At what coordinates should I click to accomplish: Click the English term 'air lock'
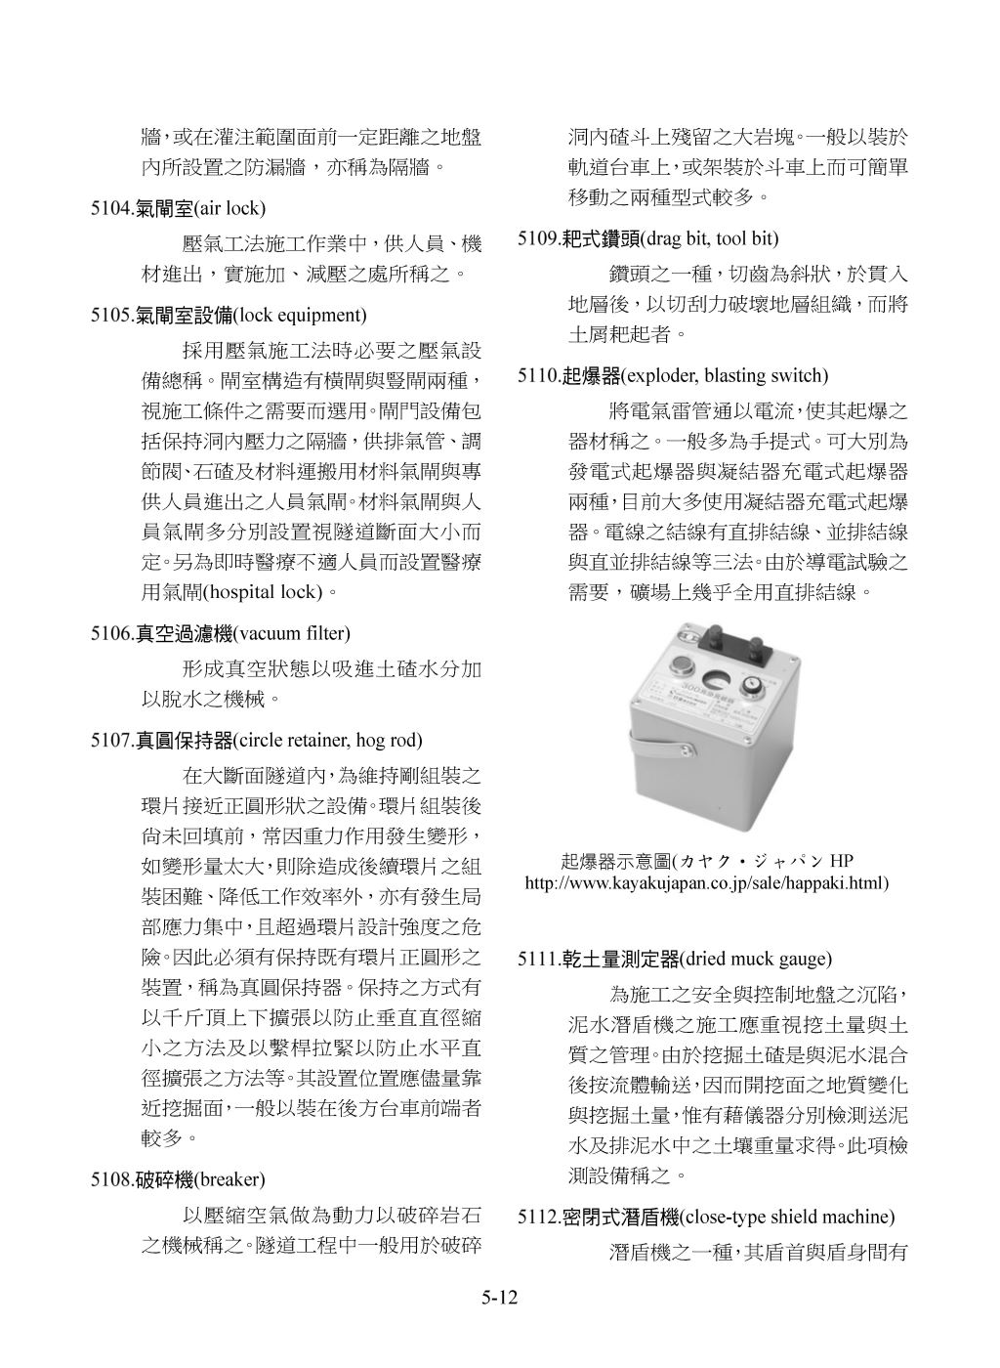coord(230,209)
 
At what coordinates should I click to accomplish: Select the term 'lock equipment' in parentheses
coord(301,315)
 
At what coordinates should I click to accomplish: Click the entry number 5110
coord(537,375)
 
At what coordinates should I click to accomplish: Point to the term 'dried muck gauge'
coord(756,958)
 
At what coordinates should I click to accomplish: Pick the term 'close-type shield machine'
coord(786,1217)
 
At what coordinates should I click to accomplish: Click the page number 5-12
coord(499,1298)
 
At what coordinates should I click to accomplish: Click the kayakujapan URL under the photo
coord(706,882)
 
